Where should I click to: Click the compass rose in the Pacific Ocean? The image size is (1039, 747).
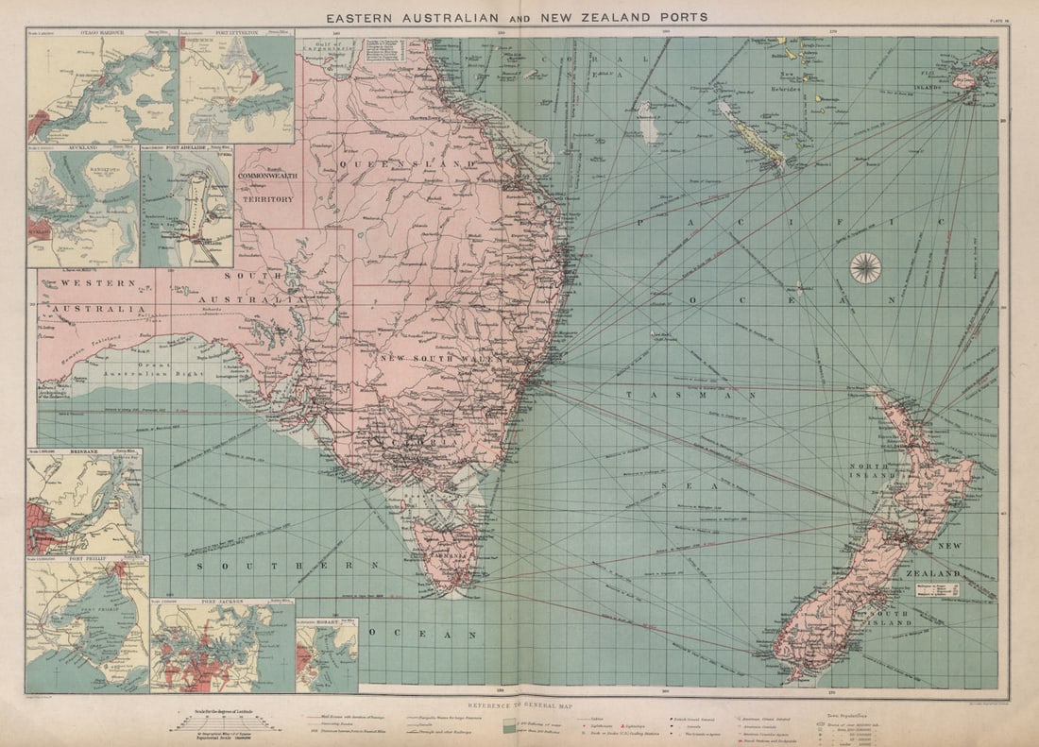[x=865, y=268]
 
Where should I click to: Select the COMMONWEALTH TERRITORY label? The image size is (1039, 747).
[x=267, y=189]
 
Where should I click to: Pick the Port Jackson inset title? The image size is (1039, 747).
[x=222, y=602]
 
